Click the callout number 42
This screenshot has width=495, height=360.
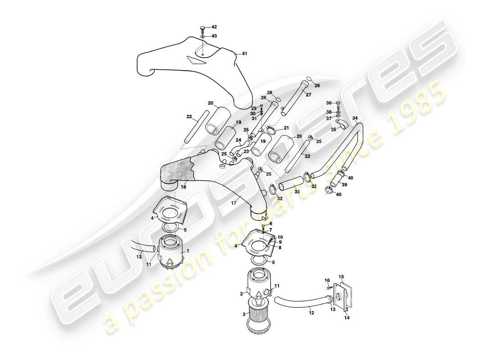click(x=214, y=27)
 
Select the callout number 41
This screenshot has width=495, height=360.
click(x=244, y=54)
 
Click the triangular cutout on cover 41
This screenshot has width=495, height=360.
click(x=193, y=61)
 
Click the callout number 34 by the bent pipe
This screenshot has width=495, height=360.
click(x=355, y=119)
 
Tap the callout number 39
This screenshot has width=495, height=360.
click(x=344, y=185)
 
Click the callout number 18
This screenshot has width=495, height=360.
click(x=183, y=186)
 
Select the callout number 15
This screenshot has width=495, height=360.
click(x=341, y=277)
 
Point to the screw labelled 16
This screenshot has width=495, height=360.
click(x=329, y=287)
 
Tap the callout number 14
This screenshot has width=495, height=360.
click(x=346, y=317)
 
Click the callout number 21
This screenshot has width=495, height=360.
click(x=287, y=128)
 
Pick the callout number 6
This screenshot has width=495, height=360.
click(x=271, y=224)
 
